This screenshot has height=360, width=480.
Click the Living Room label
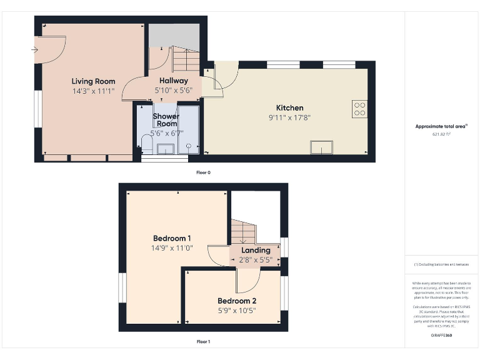tap(93, 81)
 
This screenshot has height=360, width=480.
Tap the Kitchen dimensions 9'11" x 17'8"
tap(289, 117)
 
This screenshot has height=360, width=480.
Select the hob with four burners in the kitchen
tap(360, 109)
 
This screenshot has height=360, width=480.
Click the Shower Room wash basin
tap(166, 147)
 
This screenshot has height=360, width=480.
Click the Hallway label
tap(173, 81)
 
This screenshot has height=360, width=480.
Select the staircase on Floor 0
tap(186, 61)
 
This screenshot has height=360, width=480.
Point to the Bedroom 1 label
tap(172, 238)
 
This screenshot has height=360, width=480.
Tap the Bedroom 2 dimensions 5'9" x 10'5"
tap(237, 310)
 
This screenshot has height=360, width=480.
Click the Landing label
tap(256, 250)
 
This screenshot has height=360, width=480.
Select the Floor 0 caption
tap(203, 172)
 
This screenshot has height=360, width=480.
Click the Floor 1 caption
tap(203, 342)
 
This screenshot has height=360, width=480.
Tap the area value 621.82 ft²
tap(442, 134)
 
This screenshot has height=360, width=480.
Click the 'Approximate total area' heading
tap(441, 126)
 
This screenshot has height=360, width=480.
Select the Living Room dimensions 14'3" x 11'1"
tap(93, 91)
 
